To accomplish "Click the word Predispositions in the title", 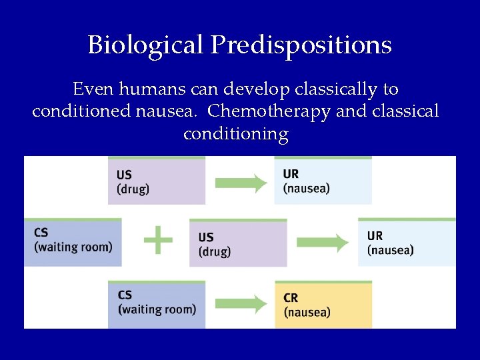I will pyautogui.click(x=301, y=45).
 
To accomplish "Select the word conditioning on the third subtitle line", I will pyautogui.click(x=235, y=134).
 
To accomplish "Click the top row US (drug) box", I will pyautogui.click(x=157, y=181).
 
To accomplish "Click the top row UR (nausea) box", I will pyautogui.click(x=323, y=181).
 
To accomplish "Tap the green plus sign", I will pyautogui.click(x=158, y=239).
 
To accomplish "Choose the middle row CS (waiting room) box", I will pyautogui.click(x=73, y=241).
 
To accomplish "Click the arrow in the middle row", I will pyautogui.click(x=323, y=243).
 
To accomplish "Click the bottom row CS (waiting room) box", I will pyautogui.click(x=157, y=304).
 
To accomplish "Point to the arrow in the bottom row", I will pyautogui.click(x=241, y=305).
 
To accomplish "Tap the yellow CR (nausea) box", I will pyautogui.click(x=323, y=304).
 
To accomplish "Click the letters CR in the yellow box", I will pyautogui.click(x=291, y=298).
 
